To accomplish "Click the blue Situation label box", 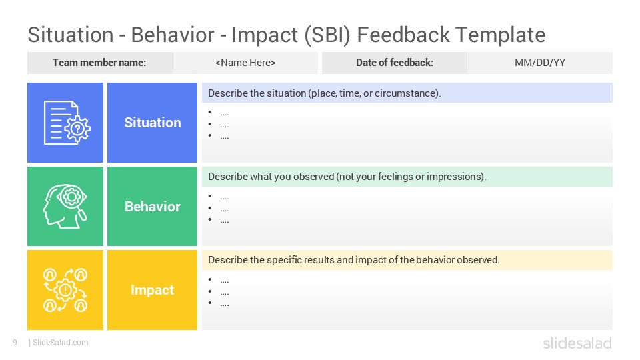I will (152, 123).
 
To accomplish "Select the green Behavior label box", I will (152, 207).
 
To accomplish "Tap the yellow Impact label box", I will (152, 290).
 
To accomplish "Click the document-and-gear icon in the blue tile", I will (65, 123).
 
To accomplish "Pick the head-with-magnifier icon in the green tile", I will (65, 207).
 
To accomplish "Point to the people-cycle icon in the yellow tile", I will (65, 290).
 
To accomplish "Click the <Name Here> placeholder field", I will (245, 63).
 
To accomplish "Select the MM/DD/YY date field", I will (540, 63).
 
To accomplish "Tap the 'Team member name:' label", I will (99, 63).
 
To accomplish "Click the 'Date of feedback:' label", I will (394, 63).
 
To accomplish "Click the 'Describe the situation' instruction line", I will (325, 93).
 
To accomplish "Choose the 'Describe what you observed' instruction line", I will (347, 177).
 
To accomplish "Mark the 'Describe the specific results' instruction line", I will (354, 260).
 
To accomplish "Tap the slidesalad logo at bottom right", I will (577, 343).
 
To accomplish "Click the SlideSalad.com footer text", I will (60, 343).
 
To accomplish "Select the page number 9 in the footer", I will (14, 343).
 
